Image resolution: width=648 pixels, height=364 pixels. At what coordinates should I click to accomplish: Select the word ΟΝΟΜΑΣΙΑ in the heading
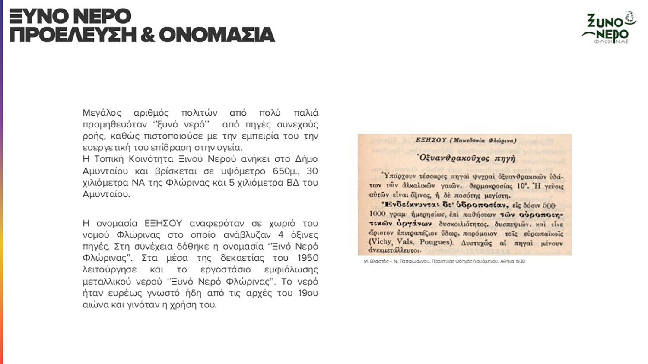(216, 35)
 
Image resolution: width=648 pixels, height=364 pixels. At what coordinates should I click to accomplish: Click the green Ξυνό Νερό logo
(609, 27)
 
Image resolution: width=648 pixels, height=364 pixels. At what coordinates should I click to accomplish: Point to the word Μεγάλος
(102, 113)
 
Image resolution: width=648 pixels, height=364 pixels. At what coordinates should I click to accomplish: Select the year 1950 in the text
(308, 258)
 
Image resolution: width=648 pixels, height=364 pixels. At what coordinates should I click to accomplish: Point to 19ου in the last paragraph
(308, 293)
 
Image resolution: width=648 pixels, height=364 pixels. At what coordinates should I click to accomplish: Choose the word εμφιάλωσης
(291, 270)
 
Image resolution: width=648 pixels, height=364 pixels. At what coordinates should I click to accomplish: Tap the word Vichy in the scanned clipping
(381, 242)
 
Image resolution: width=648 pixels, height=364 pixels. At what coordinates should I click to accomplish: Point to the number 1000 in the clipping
(378, 214)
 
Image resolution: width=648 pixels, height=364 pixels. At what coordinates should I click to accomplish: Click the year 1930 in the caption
(520, 261)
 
